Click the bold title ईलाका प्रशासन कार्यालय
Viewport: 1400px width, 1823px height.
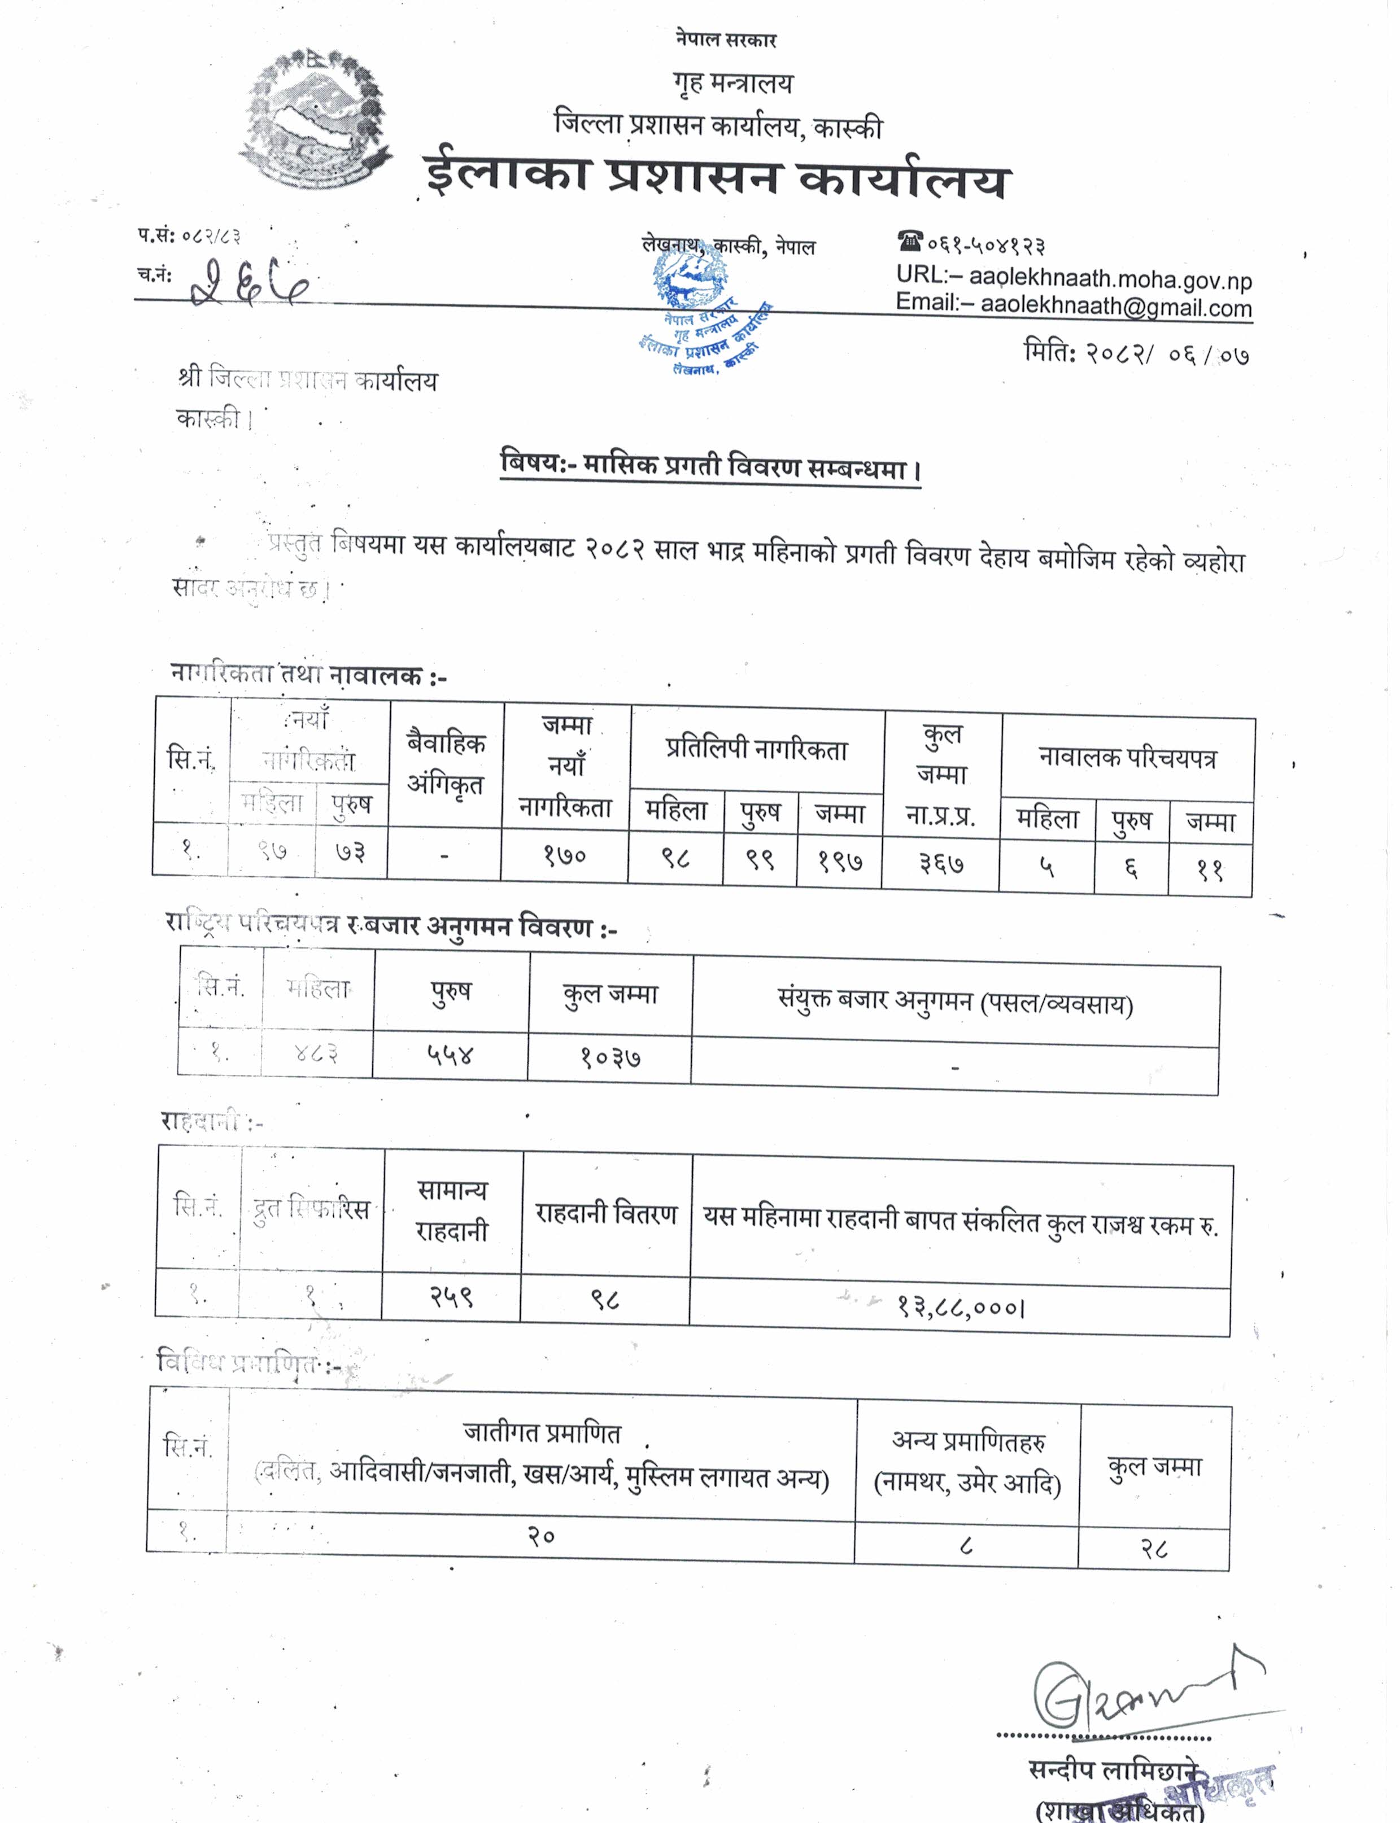[x=717, y=177]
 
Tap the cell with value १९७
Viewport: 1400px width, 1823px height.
[x=839, y=860]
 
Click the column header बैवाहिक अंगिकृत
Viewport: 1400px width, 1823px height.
[x=446, y=763]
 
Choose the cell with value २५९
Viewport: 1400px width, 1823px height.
[x=452, y=1296]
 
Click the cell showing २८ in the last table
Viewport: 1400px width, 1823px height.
[x=1154, y=1549]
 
